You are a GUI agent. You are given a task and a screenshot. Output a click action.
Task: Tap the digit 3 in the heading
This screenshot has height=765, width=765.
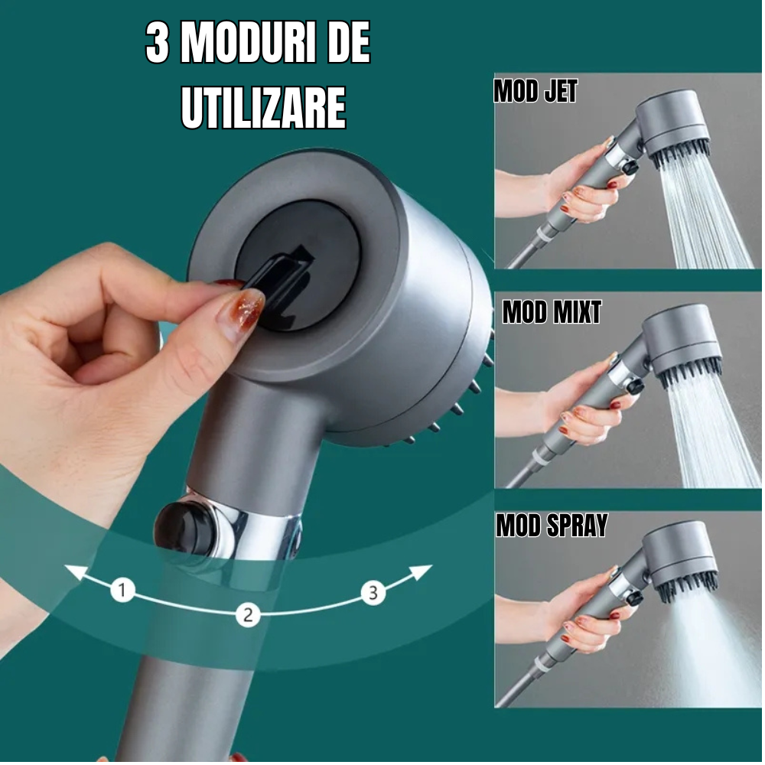coord(157,43)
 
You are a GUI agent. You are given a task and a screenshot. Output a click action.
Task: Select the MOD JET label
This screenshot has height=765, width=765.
coord(535,91)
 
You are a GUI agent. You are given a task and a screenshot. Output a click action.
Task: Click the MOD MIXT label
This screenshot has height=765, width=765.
coord(552,312)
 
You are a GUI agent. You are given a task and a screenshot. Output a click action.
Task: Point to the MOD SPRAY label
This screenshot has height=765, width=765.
coord(552,526)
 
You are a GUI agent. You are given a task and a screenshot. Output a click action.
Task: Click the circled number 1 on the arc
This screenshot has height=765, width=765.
coord(122,590)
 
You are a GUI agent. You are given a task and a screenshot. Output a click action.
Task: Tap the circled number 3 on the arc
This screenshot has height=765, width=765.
coord(373,592)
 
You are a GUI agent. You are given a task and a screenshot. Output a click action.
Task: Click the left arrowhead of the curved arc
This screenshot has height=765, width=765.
coord(76,571)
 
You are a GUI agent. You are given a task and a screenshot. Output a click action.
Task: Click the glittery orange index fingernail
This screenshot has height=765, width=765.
coord(240,313)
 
